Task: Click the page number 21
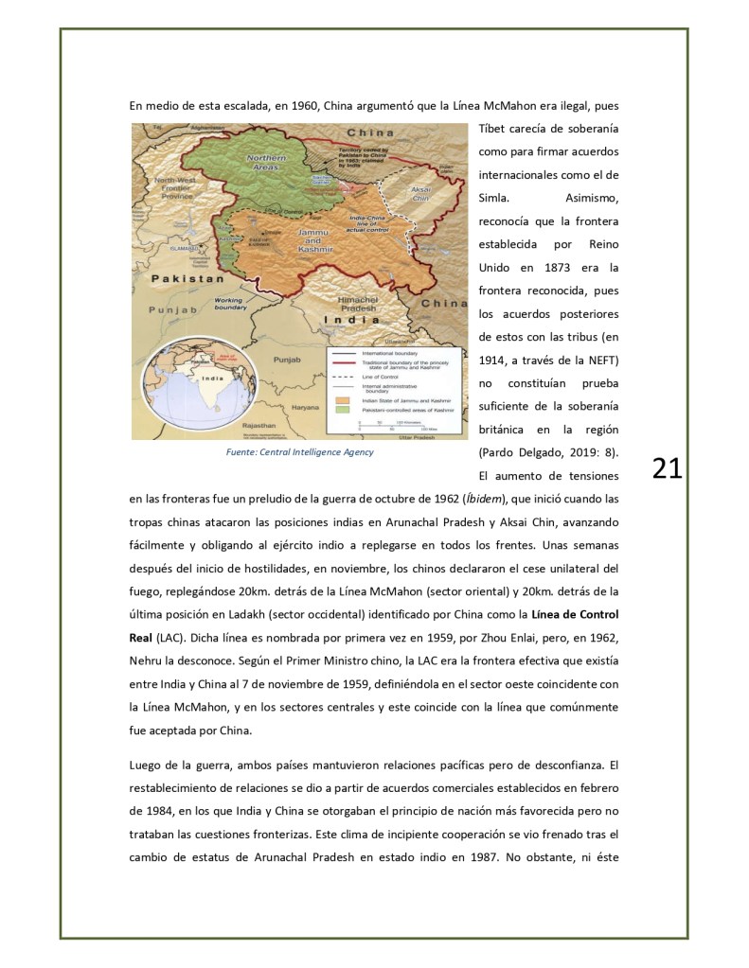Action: pos(668,467)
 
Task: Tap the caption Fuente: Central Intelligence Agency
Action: pos(299,452)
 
